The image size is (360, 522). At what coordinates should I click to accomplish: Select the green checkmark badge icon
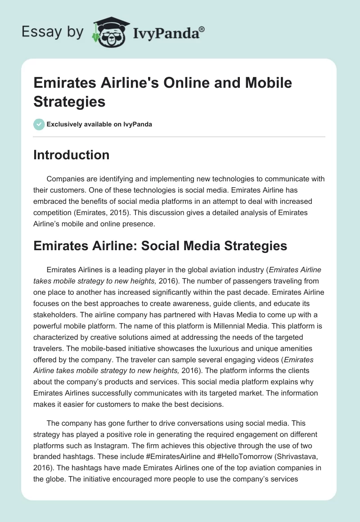39,124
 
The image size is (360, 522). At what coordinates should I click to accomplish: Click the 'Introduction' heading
72,155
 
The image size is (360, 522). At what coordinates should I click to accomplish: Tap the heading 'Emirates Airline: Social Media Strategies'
160,246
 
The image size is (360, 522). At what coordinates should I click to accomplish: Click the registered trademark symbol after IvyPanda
202,29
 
